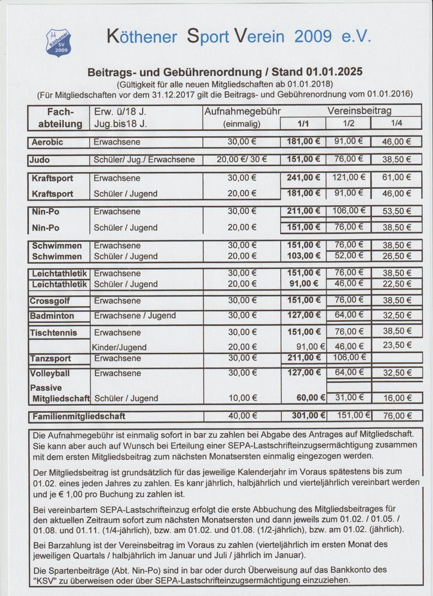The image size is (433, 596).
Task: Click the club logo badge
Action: tap(58, 42)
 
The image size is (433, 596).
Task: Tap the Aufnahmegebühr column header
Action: tap(242, 111)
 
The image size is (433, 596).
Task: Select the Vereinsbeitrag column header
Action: tap(359, 111)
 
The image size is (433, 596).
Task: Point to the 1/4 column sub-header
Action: tap(396, 124)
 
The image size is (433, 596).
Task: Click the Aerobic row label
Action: tap(47, 142)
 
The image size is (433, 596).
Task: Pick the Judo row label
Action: tap(40, 160)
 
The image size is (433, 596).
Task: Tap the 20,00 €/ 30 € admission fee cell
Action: tap(242, 160)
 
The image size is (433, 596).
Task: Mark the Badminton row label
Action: tap(52, 316)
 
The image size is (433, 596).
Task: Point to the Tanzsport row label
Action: tap(51, 359)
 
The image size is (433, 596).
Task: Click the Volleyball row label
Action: tap(50, 374)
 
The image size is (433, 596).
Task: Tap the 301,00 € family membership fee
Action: tap(303, 416)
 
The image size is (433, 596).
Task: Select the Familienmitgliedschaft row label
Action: tap(78, 416)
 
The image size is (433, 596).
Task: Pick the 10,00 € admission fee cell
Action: tap(242, 398)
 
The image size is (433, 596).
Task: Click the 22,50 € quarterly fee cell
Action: tap(397, 284)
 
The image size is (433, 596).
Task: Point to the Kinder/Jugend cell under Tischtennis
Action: tap(120, 348)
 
